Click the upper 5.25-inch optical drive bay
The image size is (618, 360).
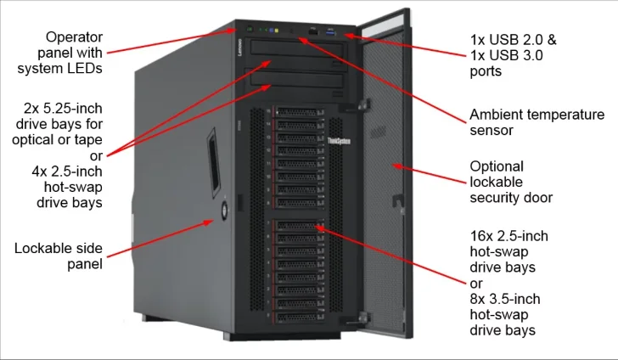click(298, 58)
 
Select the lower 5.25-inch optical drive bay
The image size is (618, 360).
click(298, 83)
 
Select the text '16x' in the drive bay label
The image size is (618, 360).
click(482, 235)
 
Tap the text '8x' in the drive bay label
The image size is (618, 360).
click(478, 299)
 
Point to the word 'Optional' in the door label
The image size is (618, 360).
click(497, 166)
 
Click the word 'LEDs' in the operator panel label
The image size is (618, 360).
click(86, 69)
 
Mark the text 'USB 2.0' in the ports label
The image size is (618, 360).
click(513, 39)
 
